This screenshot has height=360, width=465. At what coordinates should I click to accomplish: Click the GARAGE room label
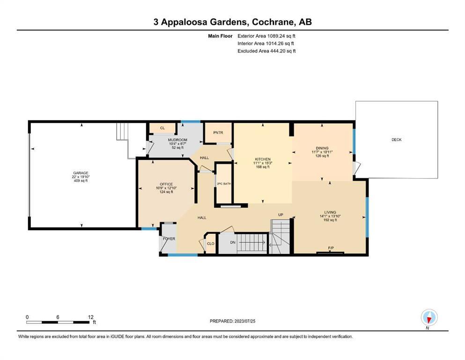pos(81,173)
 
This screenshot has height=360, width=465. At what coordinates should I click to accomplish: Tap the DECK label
pos(397,140)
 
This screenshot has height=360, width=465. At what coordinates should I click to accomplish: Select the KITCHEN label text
pos(263,159)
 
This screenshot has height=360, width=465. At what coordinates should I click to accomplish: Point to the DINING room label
pos(322,148)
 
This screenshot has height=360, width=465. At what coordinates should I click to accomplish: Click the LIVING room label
pos(330,212)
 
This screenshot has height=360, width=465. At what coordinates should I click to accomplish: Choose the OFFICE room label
pos(166,184)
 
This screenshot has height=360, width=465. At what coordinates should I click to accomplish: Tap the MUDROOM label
pos(177,140)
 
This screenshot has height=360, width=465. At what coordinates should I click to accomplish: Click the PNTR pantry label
pos(218,133)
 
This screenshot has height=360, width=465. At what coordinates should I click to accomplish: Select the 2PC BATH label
pos(224,184)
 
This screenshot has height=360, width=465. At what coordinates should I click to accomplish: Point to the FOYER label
pos(169,239)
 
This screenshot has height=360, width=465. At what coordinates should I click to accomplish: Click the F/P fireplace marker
pos(331,248)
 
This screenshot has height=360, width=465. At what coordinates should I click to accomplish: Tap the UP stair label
pos(280,215)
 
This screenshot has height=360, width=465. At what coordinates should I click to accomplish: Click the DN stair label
pos(233,242)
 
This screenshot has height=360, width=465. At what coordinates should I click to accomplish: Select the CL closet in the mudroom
pos(162,128)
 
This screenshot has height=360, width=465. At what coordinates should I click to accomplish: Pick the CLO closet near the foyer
pos(211,244)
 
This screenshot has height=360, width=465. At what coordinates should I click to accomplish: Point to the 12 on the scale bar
pos(91,317)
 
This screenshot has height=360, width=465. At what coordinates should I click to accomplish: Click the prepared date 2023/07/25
pos(244,321)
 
